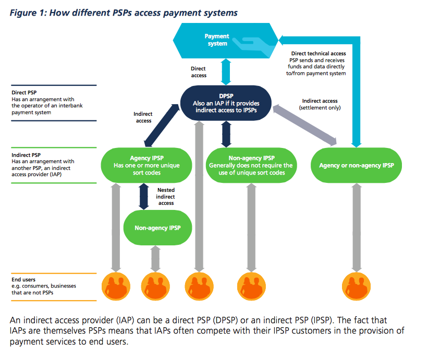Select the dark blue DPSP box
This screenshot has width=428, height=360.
[x=226, y=103]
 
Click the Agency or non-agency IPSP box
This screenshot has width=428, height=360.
[x=356, y=165]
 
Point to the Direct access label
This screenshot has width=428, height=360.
[x=199, y=72]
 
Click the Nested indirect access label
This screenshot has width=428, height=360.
[x=165, y=196]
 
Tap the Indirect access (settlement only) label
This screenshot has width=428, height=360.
[x=320, y=104]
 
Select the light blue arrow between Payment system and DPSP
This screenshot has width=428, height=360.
[x=226, y=72]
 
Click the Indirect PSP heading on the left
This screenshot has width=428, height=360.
[x=23, y=155]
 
